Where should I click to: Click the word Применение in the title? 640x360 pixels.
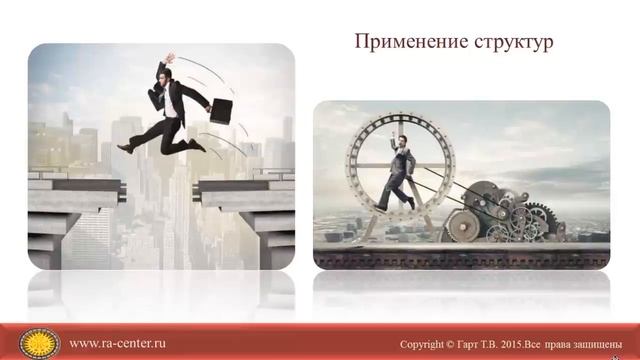point(400,43)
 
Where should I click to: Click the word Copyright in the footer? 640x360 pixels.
point(427,344)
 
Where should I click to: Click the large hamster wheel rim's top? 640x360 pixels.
point(399,115)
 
